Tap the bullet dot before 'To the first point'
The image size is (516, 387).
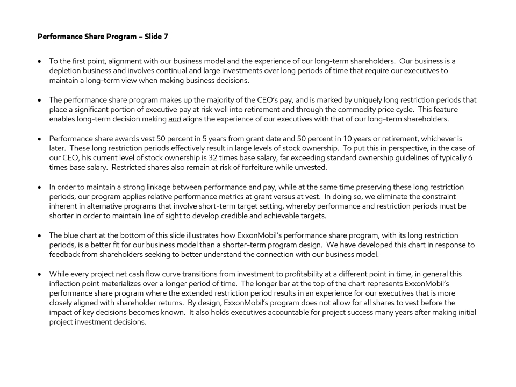coord(41,62)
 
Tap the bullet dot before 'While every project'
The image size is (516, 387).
coord(41,274)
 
